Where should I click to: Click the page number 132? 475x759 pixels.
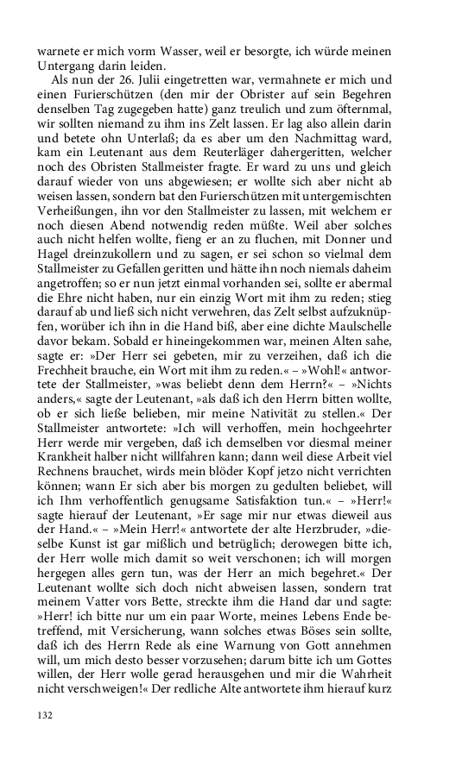tap(45, 714)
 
